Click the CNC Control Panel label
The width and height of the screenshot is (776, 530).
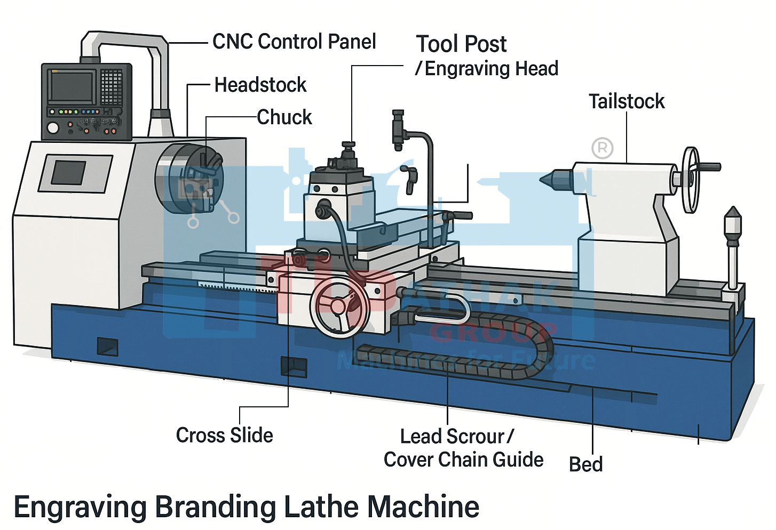294,42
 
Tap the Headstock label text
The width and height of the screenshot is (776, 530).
260,85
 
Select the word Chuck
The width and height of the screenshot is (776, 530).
284,117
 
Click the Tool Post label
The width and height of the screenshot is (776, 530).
461,44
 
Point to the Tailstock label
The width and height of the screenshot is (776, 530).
627,101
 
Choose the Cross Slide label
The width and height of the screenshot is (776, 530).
225,435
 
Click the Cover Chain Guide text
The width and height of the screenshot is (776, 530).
463,460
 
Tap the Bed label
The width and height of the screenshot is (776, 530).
585,464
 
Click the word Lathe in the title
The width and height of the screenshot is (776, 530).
324,507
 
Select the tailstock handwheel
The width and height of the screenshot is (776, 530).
691,179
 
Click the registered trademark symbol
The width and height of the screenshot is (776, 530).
603,148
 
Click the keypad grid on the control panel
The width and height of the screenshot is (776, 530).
112,87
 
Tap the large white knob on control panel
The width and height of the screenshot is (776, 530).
53,128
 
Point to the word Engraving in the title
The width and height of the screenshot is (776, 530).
80,507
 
